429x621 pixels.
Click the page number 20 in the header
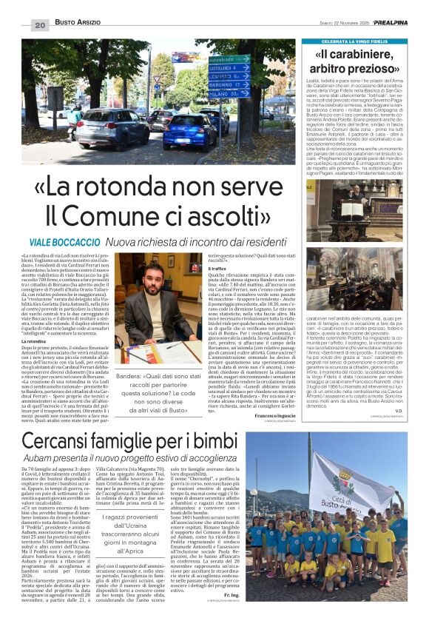(40, 25)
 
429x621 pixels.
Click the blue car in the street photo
(189, 131)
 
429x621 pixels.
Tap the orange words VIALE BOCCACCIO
(64, 242)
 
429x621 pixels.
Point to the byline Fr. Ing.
(231, 594)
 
